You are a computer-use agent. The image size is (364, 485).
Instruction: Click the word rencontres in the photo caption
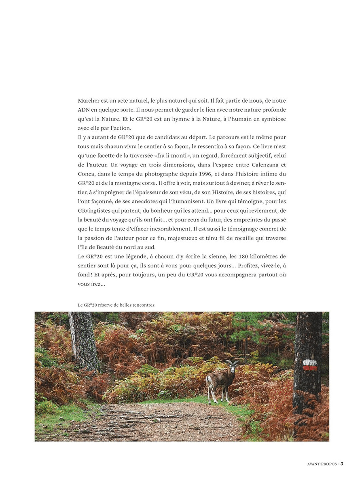pos(142,305)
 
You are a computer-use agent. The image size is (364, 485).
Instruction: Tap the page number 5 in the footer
pos(342,464)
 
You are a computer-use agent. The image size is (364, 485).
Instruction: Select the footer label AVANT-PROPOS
pos(321,464)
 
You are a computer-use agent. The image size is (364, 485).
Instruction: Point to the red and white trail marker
pos(310,365)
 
